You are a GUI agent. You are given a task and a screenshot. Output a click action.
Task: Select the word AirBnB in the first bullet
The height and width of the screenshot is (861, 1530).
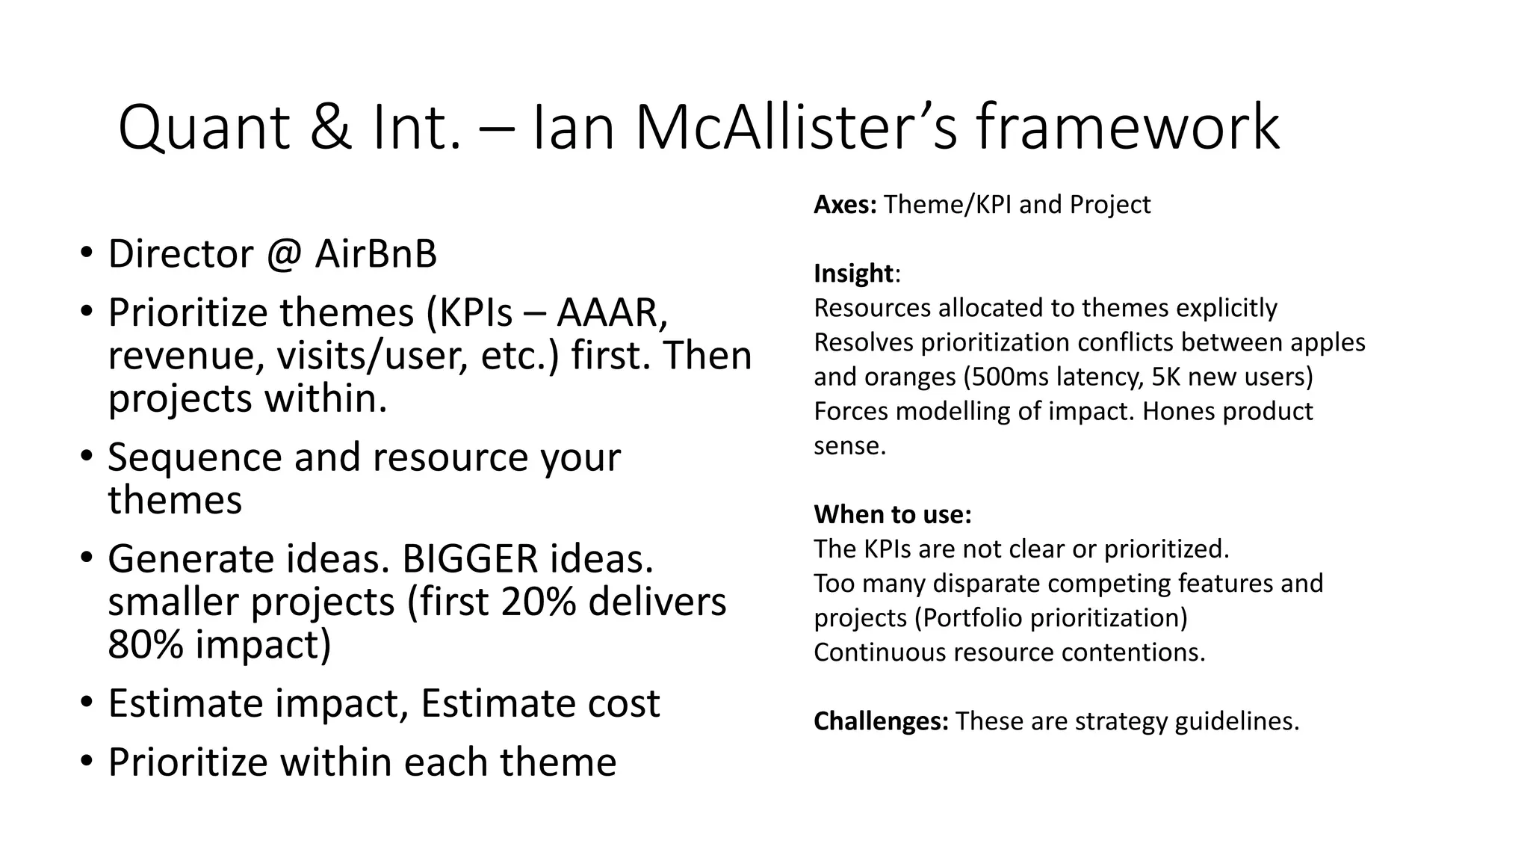tap(376, 254)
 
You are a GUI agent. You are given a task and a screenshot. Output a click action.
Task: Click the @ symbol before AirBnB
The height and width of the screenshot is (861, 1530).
tap(284, 255)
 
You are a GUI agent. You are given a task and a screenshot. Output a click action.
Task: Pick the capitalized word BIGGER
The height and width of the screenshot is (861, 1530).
tap(470, 558)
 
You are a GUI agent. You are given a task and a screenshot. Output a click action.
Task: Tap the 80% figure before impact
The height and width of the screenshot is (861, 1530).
tap(145, 644)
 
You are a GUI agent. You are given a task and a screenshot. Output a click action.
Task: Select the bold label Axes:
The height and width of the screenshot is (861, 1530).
tap(845, 205)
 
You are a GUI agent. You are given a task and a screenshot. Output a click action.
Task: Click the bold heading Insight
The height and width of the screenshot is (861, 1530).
tap(853, 274)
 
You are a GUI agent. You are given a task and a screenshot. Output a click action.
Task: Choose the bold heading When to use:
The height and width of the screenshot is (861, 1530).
tap(892, 514)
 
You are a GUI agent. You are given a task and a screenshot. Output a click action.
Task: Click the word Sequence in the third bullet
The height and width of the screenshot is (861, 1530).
tap(195, 457)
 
